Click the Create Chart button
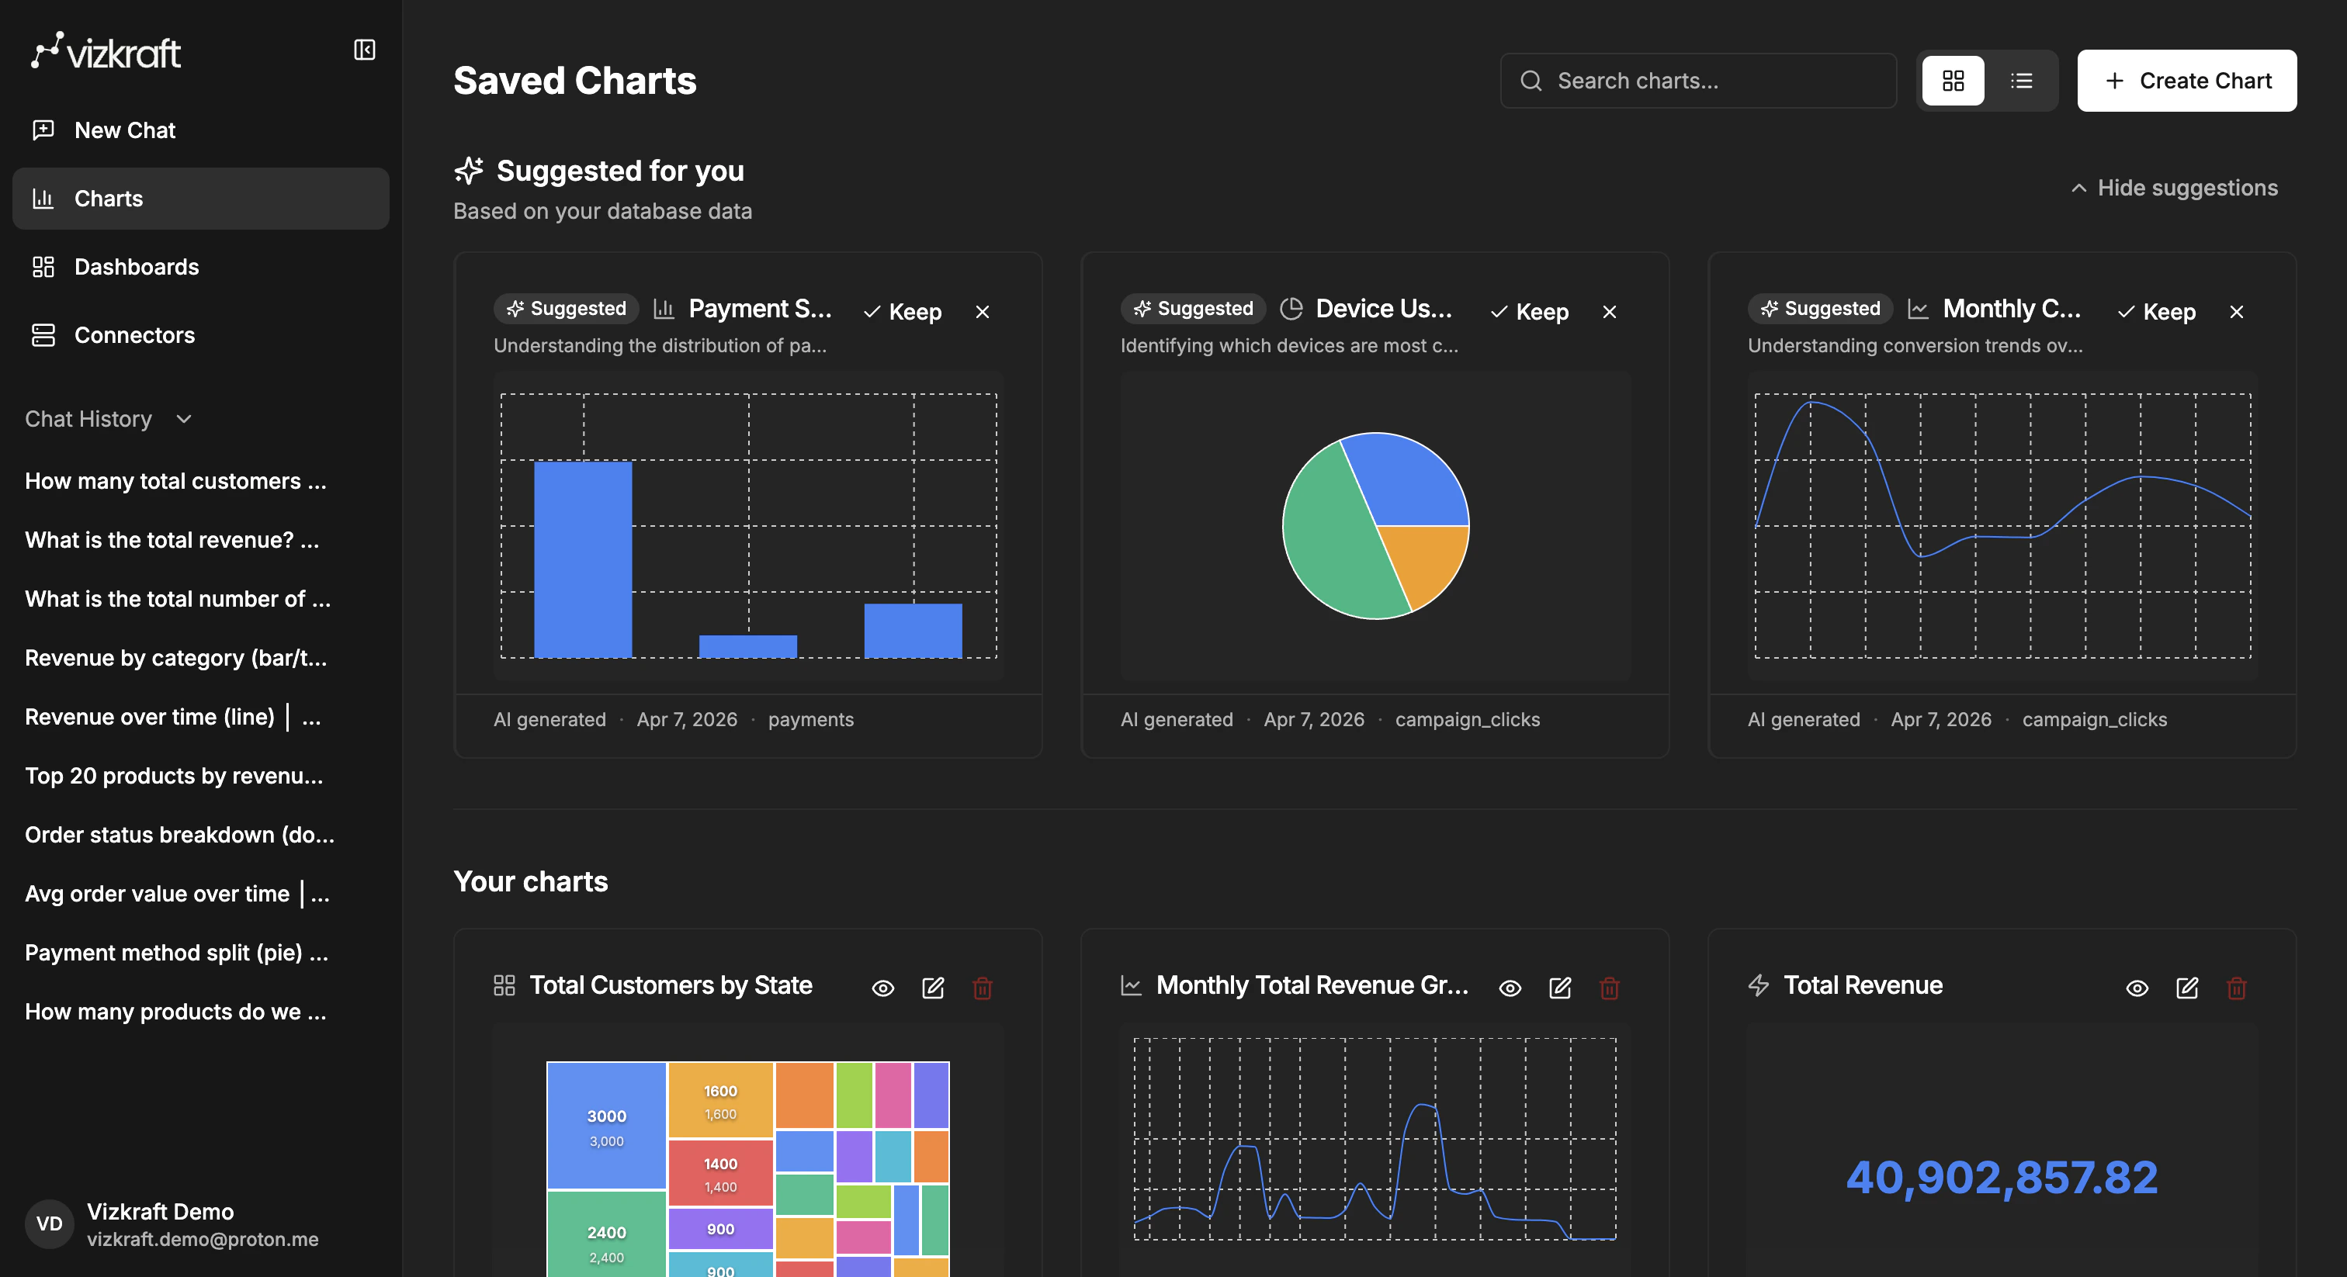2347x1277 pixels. click(2186, 81)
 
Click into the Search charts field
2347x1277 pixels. click(1698, 81)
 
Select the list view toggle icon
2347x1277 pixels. click(2021, 81)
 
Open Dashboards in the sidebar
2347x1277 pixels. click(136, 267)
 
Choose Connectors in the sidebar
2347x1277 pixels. click(134, 335)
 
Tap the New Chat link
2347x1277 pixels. click(125, 130)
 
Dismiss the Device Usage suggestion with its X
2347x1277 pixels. click(1609, 312)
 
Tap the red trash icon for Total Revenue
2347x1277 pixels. click(2236, 988)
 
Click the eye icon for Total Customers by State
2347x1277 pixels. click(882, 988)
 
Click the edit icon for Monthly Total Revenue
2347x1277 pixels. click(1560, 988)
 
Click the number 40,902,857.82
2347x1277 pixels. click(2002, 1177)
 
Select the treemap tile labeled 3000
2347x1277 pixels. click(606, 1124)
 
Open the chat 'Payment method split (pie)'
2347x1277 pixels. click(176, 953)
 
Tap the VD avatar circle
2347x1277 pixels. click(49, 1223)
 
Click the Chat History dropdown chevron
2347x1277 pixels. click(184, 419)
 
